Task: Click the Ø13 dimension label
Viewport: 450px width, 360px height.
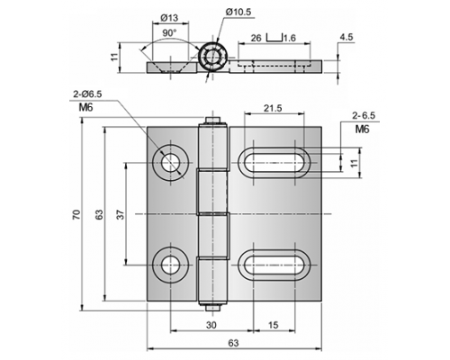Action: [x=169, y=18]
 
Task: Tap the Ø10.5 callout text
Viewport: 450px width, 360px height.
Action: [x=238, y=12]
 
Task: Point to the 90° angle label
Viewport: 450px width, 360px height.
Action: [x=170, y=32]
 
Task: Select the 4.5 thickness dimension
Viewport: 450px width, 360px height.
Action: [x=346, y=37]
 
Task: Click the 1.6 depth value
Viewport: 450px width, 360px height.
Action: [x=290, y=38]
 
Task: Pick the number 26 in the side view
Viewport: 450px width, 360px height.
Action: [x=256, y=38]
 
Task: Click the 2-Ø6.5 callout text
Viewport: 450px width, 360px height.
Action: [x=87, y=94]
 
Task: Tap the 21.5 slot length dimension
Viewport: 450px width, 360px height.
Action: [x=273, y=108]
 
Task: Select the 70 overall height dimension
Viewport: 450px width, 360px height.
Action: [x=76, y=214]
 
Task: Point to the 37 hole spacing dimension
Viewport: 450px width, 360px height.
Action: [x=121, y=214]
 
